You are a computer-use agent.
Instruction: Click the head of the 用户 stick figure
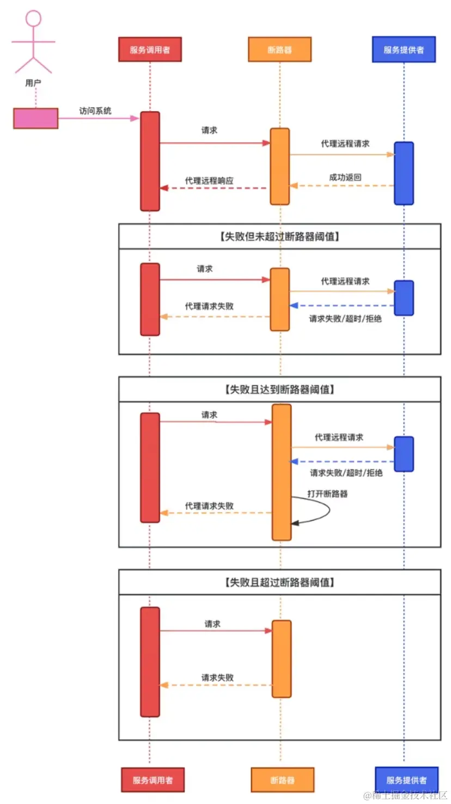click(34, 18)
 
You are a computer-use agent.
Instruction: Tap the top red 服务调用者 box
click(150, 50)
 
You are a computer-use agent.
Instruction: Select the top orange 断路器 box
click(279, 50)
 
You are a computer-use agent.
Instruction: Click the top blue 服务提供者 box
click(404, 50)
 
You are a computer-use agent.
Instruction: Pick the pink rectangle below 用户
click(36, 118)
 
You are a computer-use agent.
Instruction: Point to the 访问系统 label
click(95, 111)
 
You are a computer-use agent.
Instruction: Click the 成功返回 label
click(345, 177)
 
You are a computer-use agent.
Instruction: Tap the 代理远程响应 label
click(209, 180)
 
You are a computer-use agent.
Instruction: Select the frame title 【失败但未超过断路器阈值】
click(279, 236)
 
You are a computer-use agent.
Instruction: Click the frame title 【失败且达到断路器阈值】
click(279, 389)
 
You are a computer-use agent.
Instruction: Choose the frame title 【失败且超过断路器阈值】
click(279, 582)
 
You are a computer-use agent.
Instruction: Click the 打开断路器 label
click(327, 494)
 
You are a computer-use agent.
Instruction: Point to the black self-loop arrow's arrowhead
click(295, 523)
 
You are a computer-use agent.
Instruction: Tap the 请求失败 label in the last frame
click(217, 678)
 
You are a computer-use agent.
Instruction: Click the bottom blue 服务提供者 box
click(406, 780)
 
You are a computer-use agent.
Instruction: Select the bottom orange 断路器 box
click(282, 780)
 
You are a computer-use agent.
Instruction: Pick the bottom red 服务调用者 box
click(153, 780)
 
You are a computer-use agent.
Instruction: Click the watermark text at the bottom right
click(405, 796)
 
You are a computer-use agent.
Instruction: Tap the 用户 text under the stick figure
click(33, 83)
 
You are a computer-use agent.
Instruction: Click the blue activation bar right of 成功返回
click(404, 173)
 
